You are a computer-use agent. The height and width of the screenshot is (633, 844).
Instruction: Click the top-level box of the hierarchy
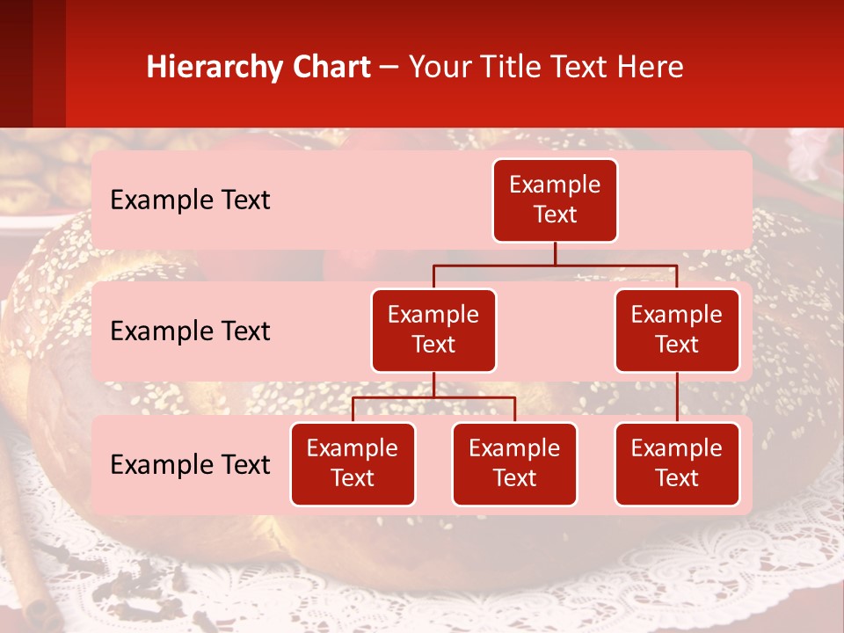[555, 200]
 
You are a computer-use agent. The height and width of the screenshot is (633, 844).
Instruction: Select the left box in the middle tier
[433, 331]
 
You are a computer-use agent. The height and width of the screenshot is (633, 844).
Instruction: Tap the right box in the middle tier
[677, 331]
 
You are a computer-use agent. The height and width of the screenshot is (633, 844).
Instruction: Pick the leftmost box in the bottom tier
[353, 464]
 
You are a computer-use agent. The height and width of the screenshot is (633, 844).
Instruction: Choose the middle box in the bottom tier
[514, 464]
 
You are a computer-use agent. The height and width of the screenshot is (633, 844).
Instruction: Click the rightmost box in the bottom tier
[677, 464]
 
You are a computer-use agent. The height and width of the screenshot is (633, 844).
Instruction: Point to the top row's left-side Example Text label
[190, 200]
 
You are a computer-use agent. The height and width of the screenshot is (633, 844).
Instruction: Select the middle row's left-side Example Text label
[190, 331]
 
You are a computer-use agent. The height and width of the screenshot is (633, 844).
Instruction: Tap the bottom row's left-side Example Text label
[190, 464]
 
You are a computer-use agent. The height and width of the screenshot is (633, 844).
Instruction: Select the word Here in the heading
[651, 67]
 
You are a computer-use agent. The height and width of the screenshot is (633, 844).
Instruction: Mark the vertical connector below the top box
[555, 253]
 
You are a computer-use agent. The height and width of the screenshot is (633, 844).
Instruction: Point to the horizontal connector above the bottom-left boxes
[433, 397]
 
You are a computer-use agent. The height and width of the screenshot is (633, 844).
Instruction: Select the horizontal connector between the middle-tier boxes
[555, 265]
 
